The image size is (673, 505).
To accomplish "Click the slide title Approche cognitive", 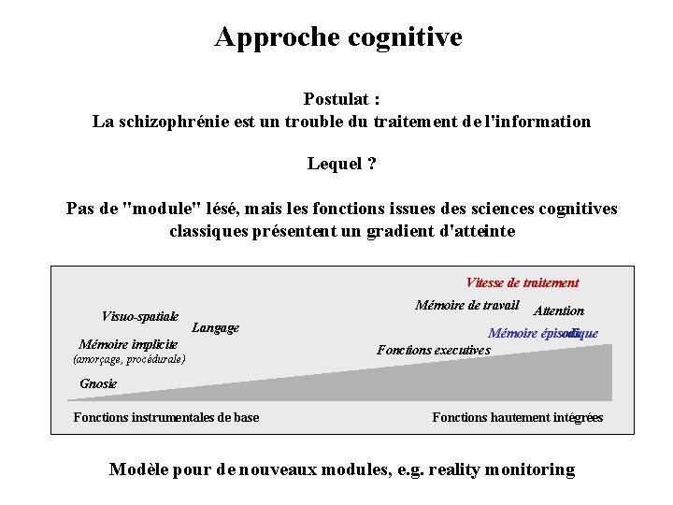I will click(x=337, y=36).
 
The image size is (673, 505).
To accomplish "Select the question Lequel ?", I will click(x=341, y=164).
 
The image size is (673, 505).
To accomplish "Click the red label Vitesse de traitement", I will click(x=523, y=282).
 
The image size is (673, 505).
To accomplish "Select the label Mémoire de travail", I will click(x=466, y=305).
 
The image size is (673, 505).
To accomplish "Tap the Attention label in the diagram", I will click(x=558, y=310).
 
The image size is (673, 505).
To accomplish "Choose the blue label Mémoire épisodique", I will click(x=542, y=333).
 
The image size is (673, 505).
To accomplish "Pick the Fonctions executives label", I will click(x=433, y=351).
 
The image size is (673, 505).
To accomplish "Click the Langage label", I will click(x=215, y=327).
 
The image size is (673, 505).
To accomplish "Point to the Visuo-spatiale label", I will click(x=140, y=316).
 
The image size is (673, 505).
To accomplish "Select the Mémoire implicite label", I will click(x=128, y=344).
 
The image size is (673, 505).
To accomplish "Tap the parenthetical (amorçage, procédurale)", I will click(x=129, y=359).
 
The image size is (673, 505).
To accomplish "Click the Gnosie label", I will click(x=98, y=383).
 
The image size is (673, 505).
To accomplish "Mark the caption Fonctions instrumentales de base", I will click(x=166, y=417).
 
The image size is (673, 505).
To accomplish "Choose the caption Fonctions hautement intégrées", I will click(x=517, y=417).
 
